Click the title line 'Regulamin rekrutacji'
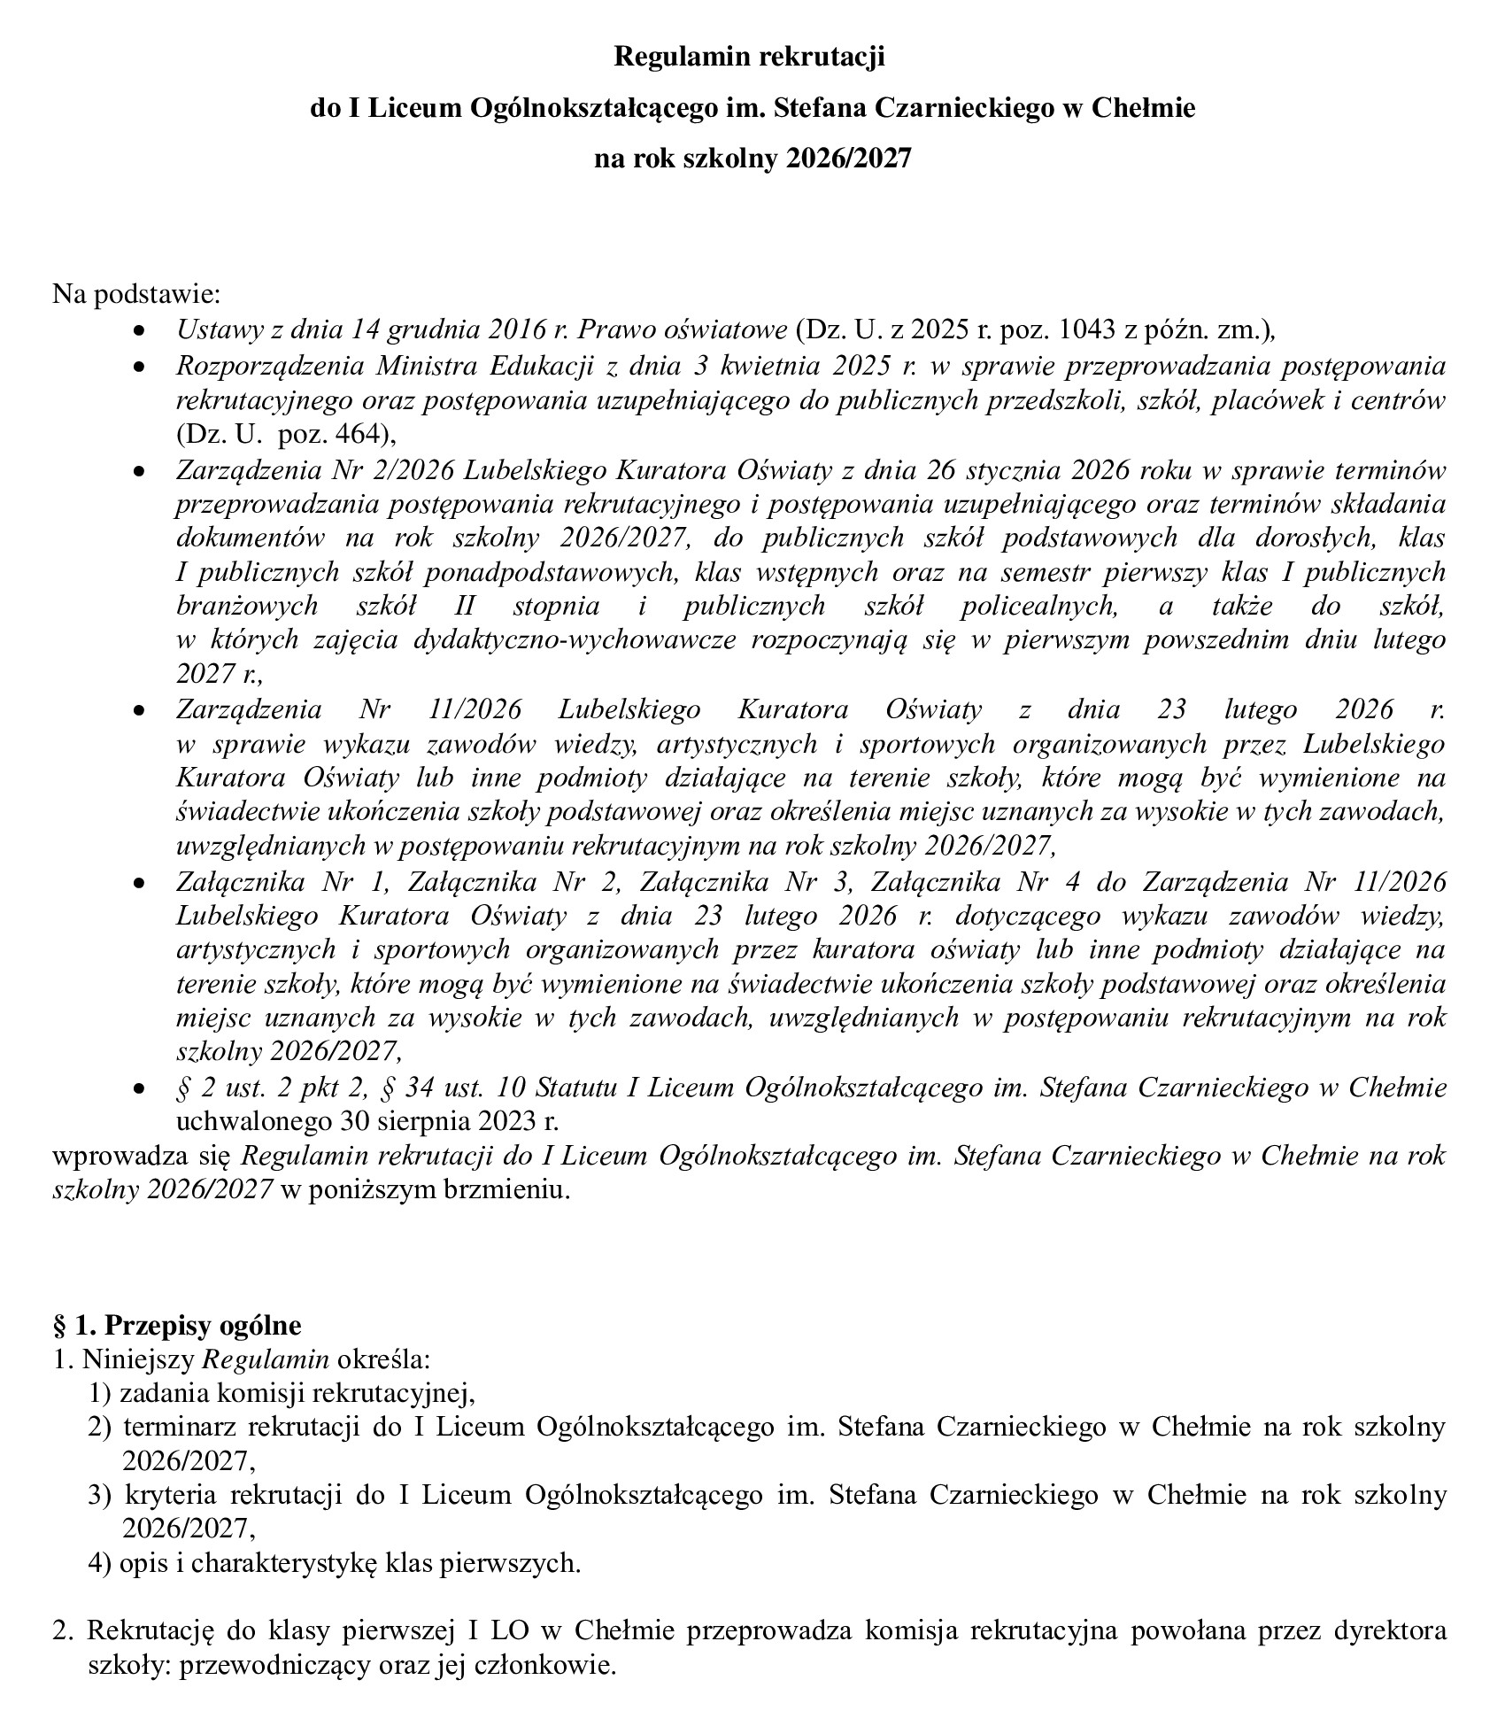tap(750, 58)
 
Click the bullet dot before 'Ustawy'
tap(137, 330)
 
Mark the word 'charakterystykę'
tap(282, 1563)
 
